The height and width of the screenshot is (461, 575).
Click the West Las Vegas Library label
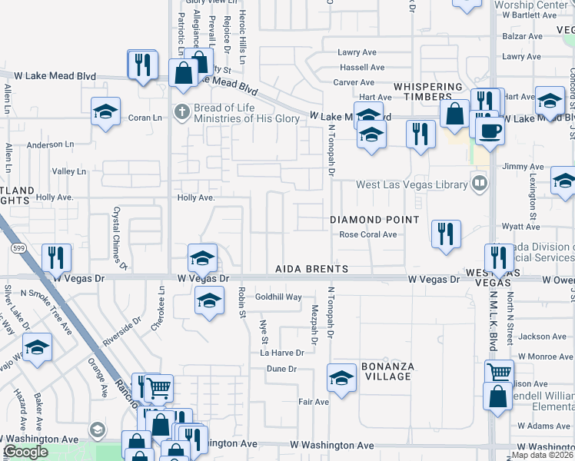click(411, 184)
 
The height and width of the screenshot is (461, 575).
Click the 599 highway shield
click(20, 248)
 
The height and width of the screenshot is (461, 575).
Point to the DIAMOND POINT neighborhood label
click(374, 220)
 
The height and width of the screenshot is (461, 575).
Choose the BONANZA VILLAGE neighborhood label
click(388, 371)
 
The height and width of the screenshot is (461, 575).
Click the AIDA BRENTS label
click(313, 269)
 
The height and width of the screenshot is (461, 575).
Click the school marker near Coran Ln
click(105, 111)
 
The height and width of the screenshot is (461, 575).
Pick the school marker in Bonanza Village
click(341, 377)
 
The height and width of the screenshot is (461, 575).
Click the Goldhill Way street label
click(278, 297)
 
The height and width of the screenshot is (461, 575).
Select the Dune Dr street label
click(281, 369)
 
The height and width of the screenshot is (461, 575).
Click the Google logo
click(25, 452)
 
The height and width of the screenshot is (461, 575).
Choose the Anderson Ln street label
click(50, 144)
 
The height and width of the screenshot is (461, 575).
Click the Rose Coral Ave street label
click(368, 235)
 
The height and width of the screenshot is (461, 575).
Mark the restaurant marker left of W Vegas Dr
click(56, 257)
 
